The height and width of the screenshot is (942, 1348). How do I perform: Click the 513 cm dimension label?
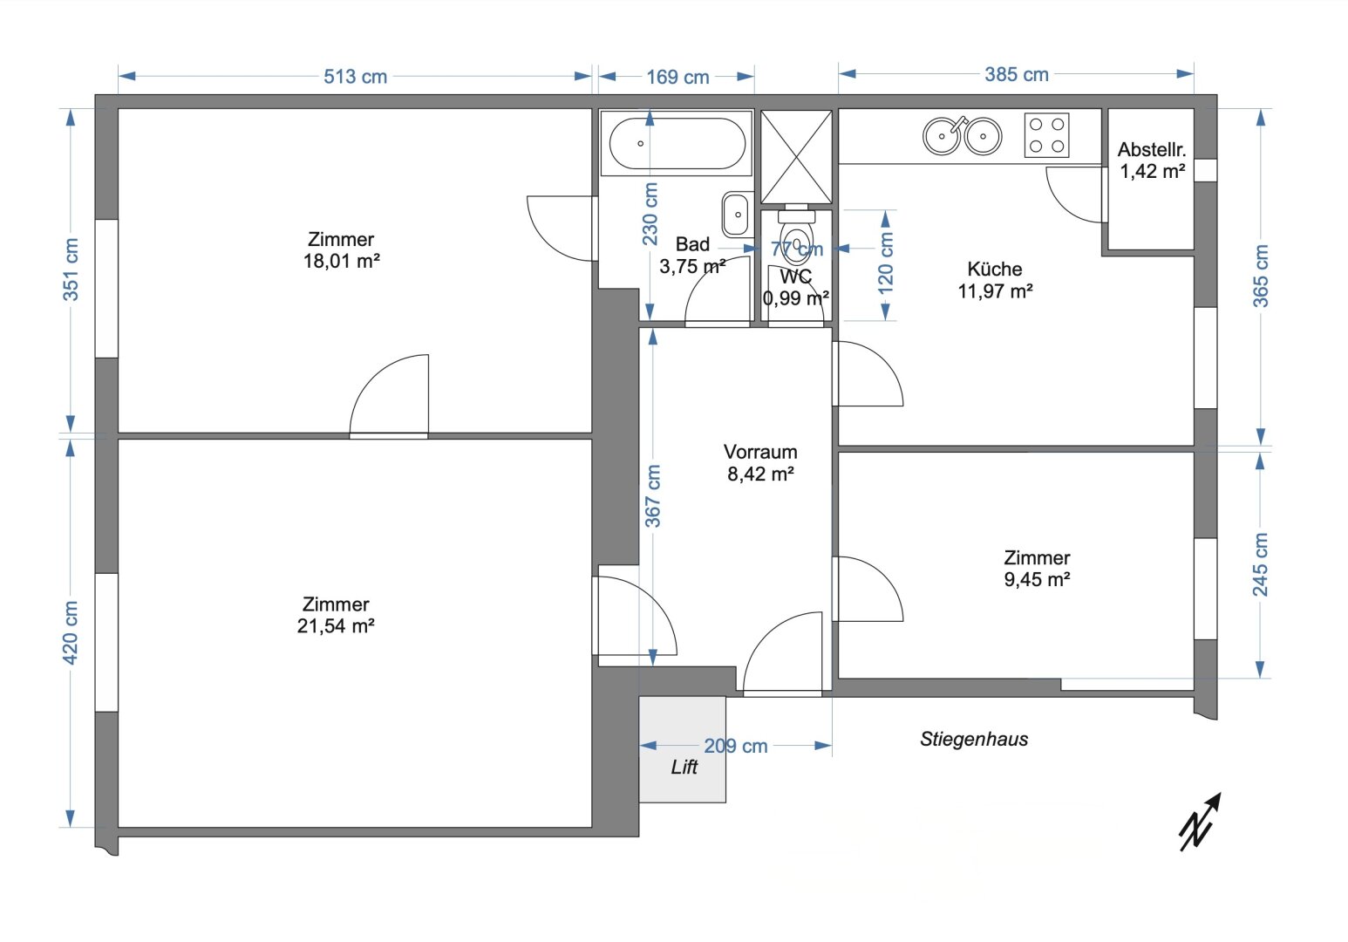(355, 77)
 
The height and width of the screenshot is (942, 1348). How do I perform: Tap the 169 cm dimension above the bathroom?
(677, 77)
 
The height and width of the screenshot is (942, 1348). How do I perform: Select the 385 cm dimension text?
(1017, 75)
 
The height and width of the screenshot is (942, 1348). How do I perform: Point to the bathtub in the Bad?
(677, 143)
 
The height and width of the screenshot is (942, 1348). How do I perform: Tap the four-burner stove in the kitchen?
(1046, 135)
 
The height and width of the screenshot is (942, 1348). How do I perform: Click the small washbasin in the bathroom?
(735, 215)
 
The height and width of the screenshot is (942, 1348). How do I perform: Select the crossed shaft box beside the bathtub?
(797, 156)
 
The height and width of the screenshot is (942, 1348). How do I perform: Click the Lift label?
(684, 767)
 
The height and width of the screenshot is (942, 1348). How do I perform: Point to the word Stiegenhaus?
(974, 739)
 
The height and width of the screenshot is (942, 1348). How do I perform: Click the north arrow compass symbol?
(1200, 823)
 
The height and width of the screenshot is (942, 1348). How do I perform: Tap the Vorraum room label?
(760, 452)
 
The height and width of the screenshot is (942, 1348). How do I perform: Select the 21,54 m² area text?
(336, 626)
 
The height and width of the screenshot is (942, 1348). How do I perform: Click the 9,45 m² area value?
(1037, 579)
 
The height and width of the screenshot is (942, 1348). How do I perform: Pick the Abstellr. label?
(1152, 149)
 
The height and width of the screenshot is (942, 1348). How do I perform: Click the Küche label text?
(995, 269)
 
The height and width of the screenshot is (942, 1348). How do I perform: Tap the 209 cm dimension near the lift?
(735, 747)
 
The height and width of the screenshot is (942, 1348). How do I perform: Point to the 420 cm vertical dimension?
(71, 632)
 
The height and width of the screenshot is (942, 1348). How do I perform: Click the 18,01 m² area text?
(341, 262)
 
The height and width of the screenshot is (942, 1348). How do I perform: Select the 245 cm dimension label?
(1260, 564)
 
